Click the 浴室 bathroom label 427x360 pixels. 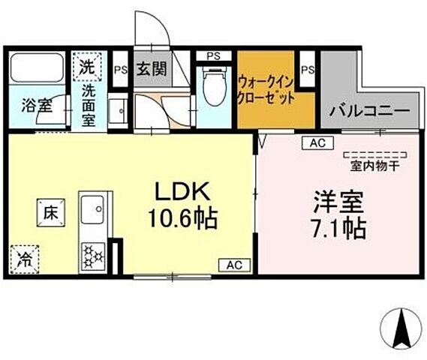point(36,105)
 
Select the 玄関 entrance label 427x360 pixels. point(151,70)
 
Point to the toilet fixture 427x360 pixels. point(215,90)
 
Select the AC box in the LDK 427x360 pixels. point(234,263)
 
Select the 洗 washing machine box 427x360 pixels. point(88,65)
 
